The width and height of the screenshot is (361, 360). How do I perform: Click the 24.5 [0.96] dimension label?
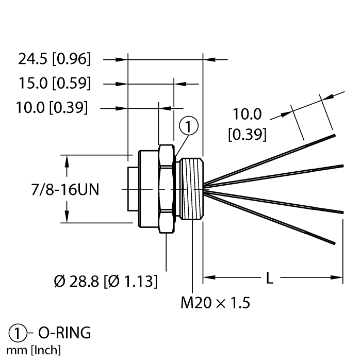pos(55,60)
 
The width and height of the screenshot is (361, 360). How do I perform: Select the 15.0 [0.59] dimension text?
pos(55,83)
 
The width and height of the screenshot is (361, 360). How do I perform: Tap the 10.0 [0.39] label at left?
pos(51,108)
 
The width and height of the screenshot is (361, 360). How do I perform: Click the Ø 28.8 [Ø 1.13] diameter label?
pos(106,282)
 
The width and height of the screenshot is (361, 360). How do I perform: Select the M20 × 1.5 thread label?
pos(216,303)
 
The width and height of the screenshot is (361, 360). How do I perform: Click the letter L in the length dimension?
pos(269,279)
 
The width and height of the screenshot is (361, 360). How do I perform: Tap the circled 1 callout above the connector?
pos(189,125)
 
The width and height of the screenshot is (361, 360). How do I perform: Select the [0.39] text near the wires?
pos(247,135)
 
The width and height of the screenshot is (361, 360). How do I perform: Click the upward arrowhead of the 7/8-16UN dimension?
pos(67,160)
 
